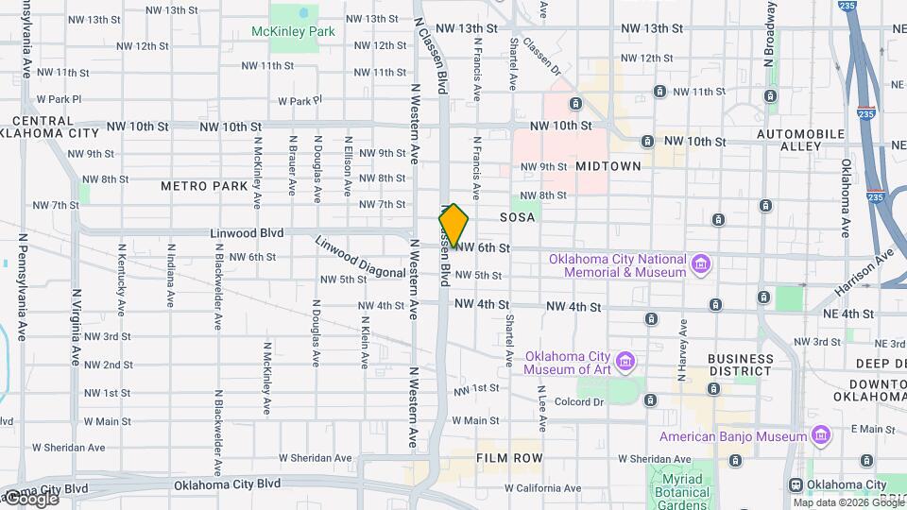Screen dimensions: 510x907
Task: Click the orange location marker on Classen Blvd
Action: (x=453, y=226)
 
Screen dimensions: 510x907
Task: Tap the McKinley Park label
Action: (x=293, y=32)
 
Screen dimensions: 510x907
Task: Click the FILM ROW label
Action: (x=509, y=457)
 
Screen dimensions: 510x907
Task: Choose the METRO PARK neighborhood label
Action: (x=203, y=186)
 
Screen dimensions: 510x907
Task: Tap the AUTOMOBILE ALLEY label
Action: (x=802, y=141)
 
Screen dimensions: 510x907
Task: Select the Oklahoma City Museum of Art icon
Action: (x=625, y=362)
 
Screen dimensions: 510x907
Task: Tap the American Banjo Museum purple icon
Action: (x=821, y=435)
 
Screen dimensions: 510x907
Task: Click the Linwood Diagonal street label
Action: (x=361, y=258)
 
